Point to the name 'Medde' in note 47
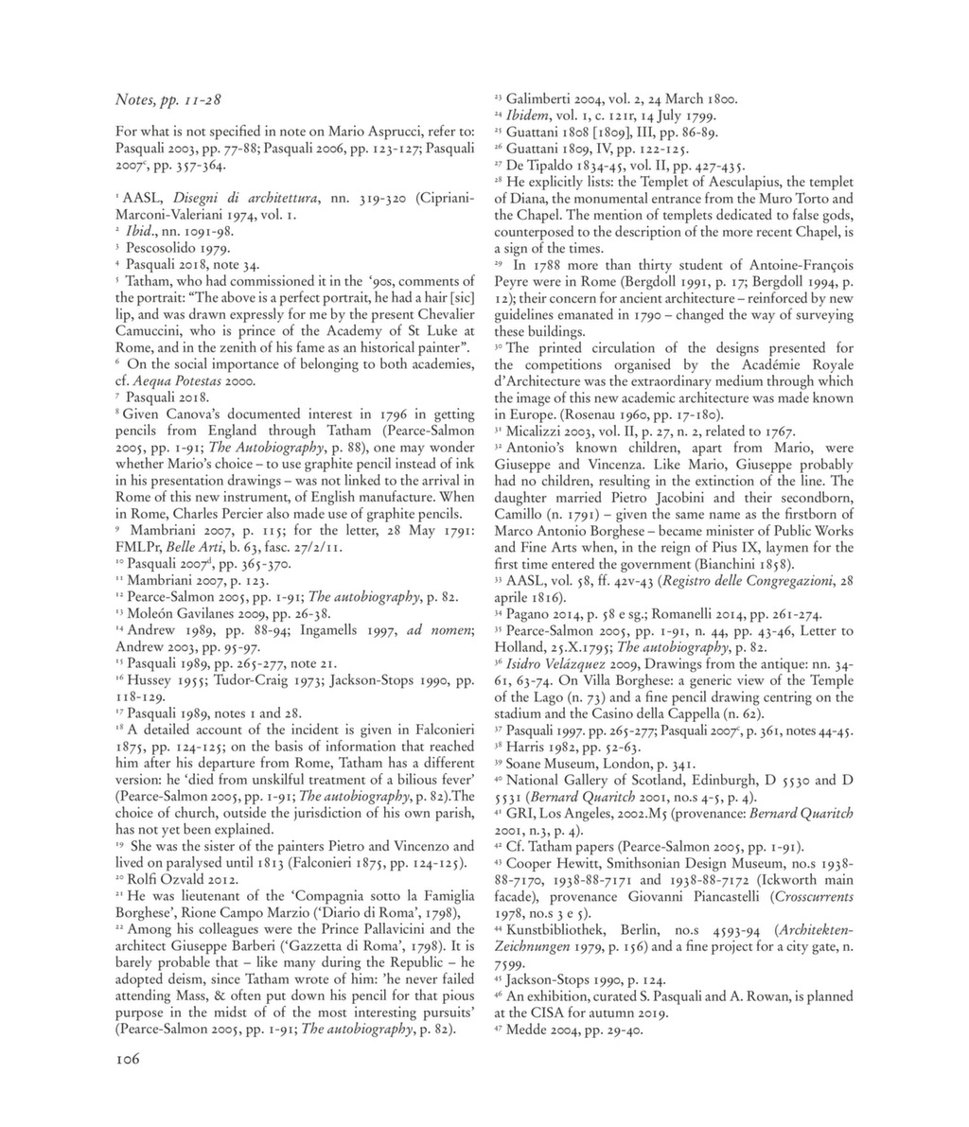527,1030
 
